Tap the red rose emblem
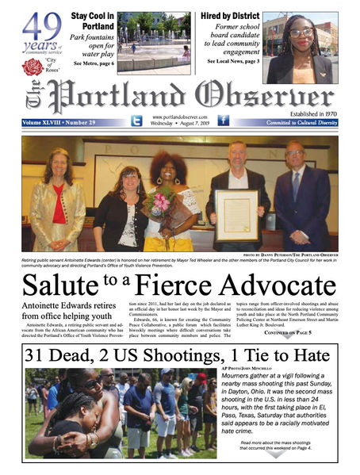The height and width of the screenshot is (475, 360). [33, 67]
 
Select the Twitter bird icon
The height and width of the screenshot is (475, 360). [136, 121]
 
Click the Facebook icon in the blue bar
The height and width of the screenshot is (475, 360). [223, 121]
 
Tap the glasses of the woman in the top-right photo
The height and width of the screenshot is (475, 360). [302, 33]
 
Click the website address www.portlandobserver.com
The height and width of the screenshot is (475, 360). [179, 117]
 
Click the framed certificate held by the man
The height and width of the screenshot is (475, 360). [238, 212]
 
